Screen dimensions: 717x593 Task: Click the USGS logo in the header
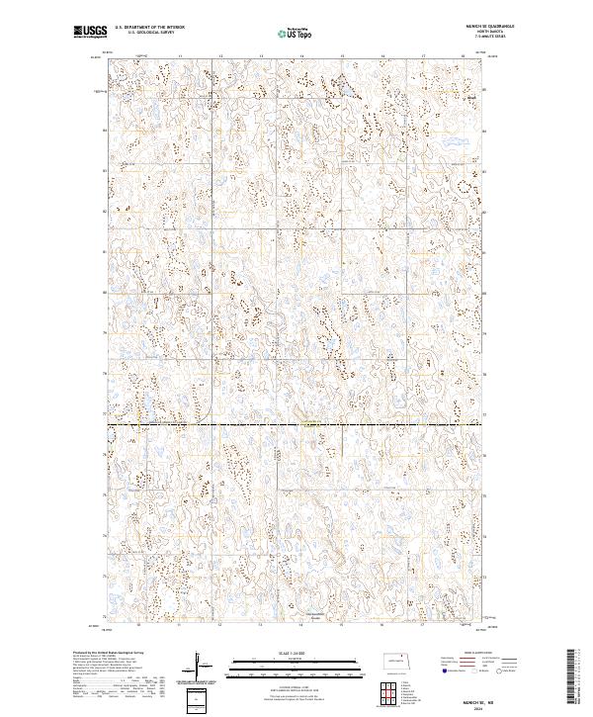tap(90, 33)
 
